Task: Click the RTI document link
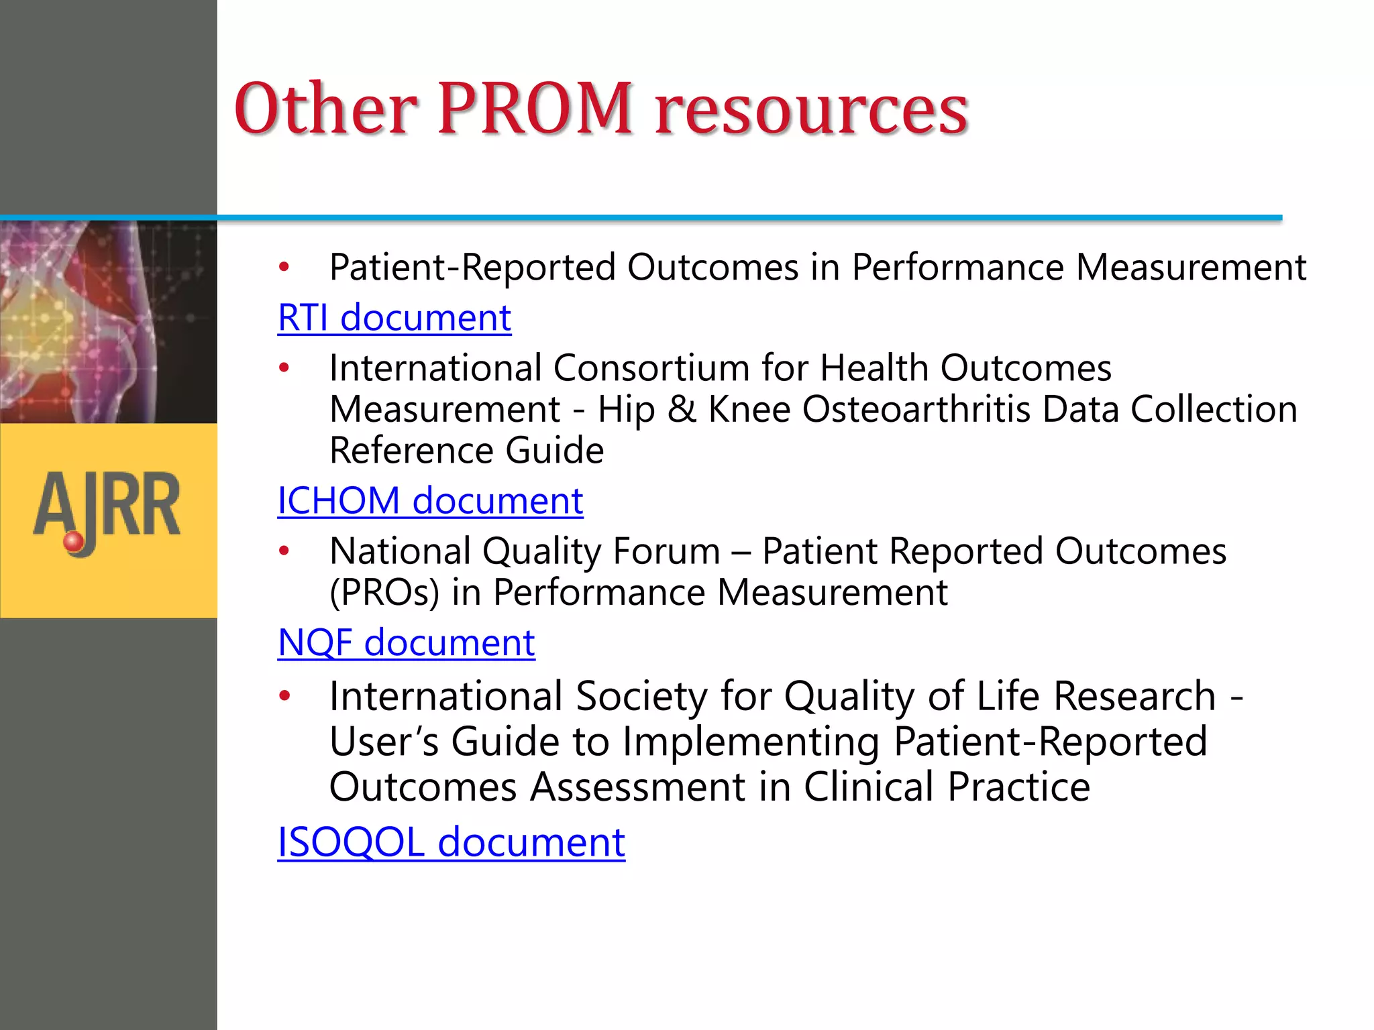click(x=394, y=318)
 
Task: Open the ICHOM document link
click(x=430, y=501)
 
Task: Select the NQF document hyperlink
click(x=406, y=643)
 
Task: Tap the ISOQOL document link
click(x=451, y=842)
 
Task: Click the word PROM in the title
click(x=535, y=109)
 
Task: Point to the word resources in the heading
click(x=811, y=110)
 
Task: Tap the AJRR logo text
click(x=107, y=506)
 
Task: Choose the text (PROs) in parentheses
click(x=384, y=593)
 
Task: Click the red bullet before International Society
click(x=284, y=696)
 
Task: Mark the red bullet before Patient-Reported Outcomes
click(x=284, y=268)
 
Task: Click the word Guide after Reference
click(x=554, y=451)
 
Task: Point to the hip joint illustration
click(x=107, y=322)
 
